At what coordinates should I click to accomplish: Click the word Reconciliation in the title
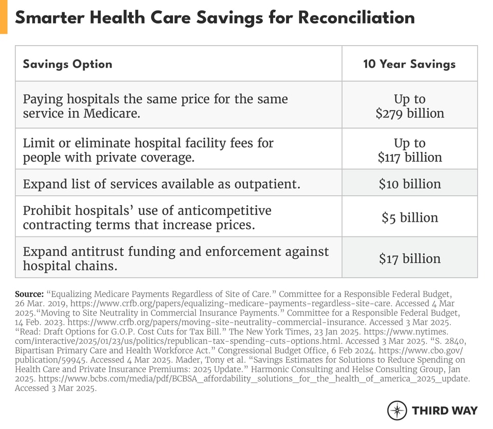pos(356,17)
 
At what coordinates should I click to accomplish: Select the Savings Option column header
pos(67,64)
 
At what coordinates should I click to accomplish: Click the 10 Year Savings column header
pos(409,64)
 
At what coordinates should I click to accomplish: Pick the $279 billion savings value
pos(409,113)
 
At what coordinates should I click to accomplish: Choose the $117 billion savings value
pos(409,157)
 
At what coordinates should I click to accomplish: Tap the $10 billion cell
pos(409,184)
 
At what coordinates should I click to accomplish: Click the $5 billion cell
pos(409,218)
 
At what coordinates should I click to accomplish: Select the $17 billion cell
pos(409,259)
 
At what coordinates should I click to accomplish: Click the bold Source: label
pos(29,295)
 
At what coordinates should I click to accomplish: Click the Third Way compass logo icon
pos(397,411)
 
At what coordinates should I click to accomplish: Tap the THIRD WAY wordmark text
pos(444,411)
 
